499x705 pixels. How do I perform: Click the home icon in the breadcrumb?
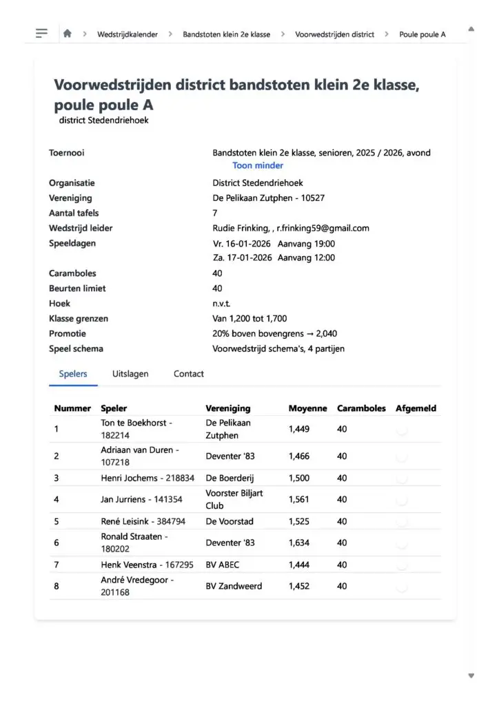point(67,33)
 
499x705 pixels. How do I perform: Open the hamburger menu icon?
point(41,33)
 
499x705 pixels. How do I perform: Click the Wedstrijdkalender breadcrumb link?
point(127,34)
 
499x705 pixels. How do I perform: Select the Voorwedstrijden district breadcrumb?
point(334,34)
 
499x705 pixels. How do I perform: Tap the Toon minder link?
point(258,165)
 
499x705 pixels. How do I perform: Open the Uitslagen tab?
point(130,374)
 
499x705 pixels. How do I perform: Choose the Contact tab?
point(188,374)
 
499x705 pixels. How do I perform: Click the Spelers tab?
point(73,374)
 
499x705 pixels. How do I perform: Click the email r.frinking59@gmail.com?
point(323,228)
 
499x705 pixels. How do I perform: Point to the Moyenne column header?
point(307,408)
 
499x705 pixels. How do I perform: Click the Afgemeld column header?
point(416,408)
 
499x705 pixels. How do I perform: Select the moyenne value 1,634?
point(299,543)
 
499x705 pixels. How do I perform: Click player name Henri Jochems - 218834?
point(147,478)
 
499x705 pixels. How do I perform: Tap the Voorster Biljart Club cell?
point(234,499)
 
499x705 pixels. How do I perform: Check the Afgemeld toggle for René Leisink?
point(403,521)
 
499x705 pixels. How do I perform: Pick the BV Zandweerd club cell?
point(234,586)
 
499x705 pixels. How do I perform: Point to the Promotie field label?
point(68,333)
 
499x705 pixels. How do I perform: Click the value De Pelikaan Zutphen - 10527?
point(269,198)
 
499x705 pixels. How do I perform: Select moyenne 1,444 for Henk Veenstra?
point(299,565)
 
